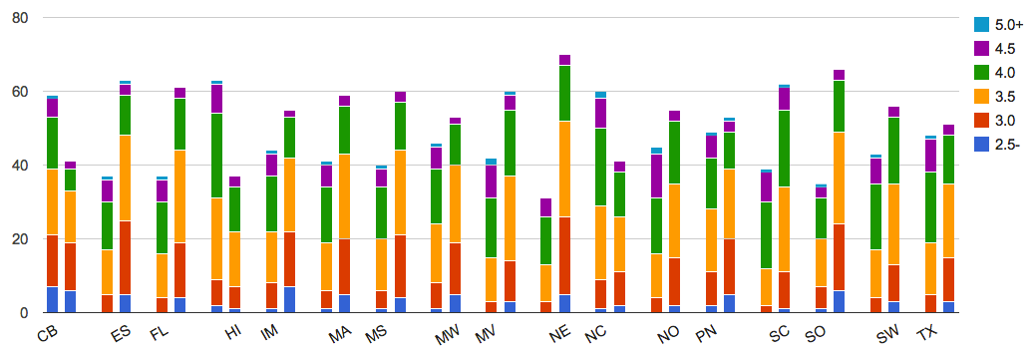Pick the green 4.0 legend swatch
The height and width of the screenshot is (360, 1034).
click(983, 72)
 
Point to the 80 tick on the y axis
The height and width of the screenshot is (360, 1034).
click(19, 18)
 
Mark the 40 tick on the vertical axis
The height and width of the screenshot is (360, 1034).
click(19, 166)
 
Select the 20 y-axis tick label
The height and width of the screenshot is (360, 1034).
click(19, 239)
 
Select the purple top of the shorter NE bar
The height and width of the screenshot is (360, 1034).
click(544, 207)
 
